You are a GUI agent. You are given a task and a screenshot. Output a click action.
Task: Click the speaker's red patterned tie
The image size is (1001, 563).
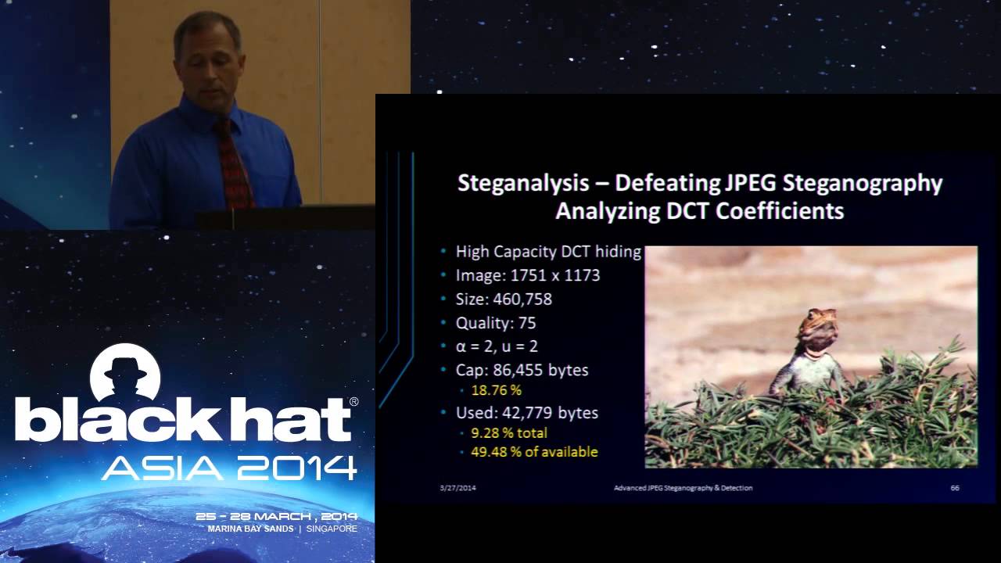tap(233, 164)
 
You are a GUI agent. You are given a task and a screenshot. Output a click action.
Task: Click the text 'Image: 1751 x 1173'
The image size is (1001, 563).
tap(528, 275)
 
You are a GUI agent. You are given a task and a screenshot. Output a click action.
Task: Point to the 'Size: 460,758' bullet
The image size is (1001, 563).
tap(504, 299)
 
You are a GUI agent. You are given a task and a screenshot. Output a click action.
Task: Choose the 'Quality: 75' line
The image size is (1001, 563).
tap(496, 323)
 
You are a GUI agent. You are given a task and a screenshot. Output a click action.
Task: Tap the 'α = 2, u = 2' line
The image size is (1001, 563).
tap(497, 346)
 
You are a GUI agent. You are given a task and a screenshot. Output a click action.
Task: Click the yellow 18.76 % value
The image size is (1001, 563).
tap(496, 389)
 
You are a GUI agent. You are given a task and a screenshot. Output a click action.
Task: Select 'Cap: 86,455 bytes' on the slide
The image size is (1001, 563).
tap(522, 369)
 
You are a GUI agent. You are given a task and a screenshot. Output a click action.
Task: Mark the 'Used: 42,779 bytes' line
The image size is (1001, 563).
tap(526, 412)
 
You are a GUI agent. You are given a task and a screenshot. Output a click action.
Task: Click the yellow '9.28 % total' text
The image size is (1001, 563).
tap(508, 432)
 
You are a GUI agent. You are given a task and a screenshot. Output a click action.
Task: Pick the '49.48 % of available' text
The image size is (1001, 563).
tap(534, 451)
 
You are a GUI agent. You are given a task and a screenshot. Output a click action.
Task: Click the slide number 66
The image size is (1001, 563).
tap(955, 488)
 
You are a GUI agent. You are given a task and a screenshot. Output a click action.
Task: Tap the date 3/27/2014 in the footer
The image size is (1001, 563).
tap(457, 488)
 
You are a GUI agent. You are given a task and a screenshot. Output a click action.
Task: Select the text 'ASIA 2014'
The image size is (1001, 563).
tap(229, 467)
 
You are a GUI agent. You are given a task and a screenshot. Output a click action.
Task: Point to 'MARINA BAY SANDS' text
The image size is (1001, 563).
tap(250, 529)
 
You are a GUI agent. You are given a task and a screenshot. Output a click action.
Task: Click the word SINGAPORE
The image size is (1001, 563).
tap(332, 529)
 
